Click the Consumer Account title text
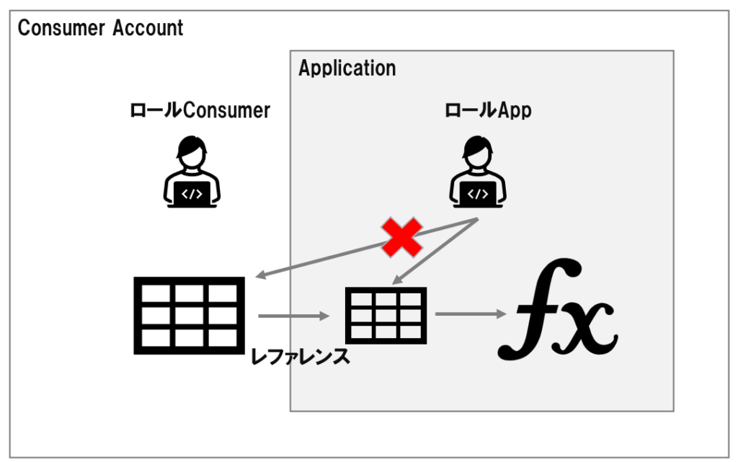[x=100, y=28]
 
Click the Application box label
[x=347, y=68]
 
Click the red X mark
[x=401, y=238]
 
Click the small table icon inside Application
[x=385, y=315]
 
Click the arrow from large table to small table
[x=291, y=315]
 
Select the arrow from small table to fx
[x=469, y=314]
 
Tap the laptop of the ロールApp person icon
[x=478, y=192]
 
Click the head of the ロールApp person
[x=478, y=151]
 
